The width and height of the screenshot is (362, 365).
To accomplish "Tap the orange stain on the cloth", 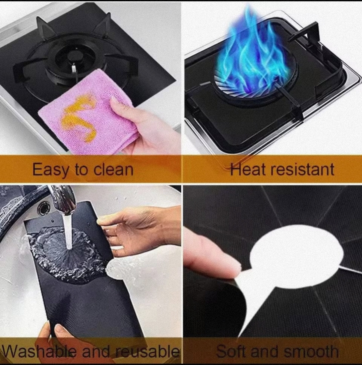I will coord(78,116).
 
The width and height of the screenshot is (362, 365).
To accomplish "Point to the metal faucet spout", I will coord(64,198).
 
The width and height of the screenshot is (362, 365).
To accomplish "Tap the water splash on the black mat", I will coord(67,255).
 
